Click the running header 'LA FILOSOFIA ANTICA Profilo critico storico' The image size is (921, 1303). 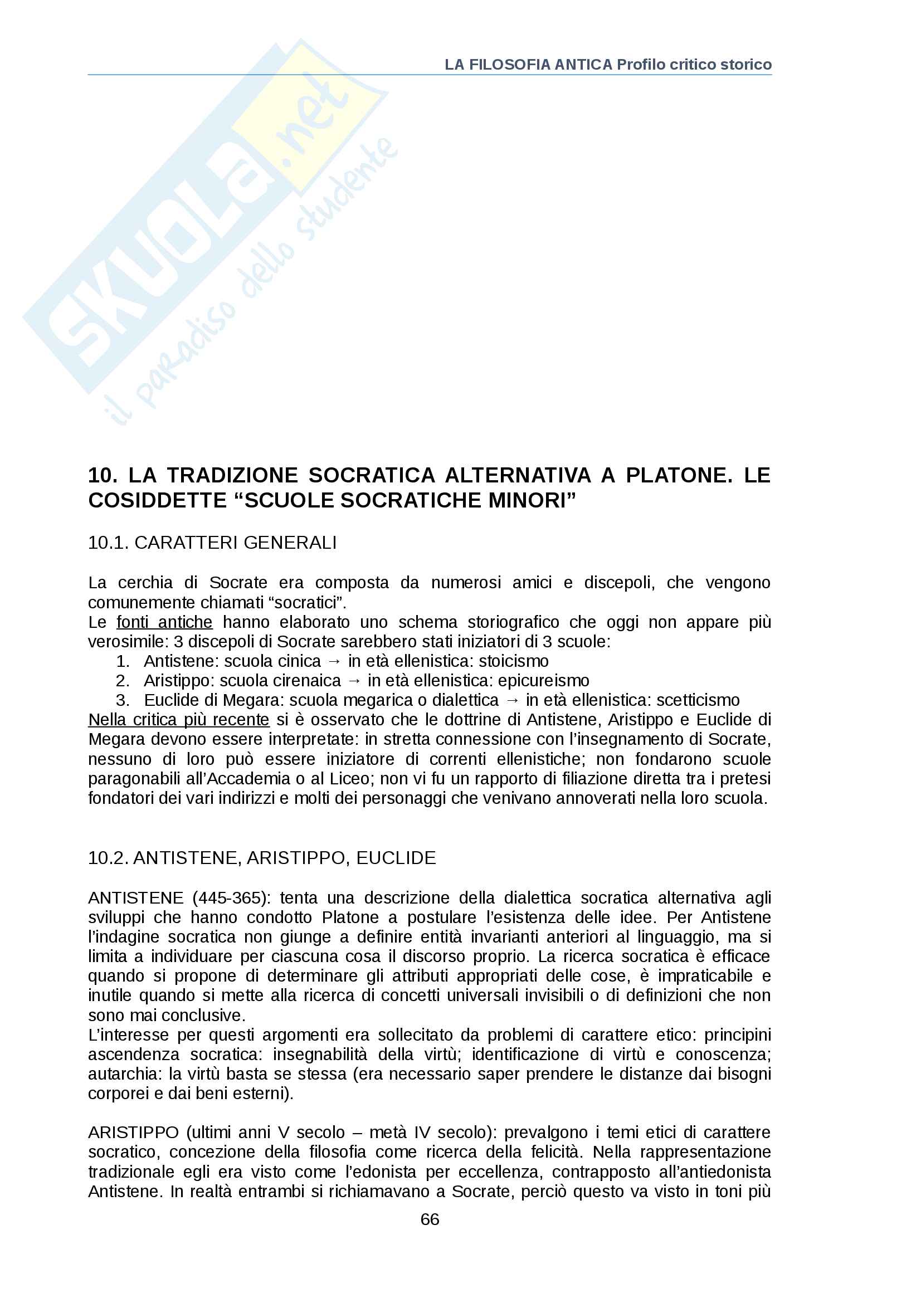pos(608,65)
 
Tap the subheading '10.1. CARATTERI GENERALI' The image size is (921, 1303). pos(212,543)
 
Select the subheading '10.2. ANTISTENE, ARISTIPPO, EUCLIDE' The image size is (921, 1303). pos(262,858)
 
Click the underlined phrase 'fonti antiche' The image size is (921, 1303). pos(164,623)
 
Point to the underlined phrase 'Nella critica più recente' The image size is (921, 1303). pos(179,720)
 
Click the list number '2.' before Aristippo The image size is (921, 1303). pos(123,680)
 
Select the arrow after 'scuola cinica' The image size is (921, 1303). pos(334,662)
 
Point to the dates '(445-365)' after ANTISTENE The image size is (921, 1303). pos(228,899)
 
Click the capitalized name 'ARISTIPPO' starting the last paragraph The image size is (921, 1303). pos(133,1133)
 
